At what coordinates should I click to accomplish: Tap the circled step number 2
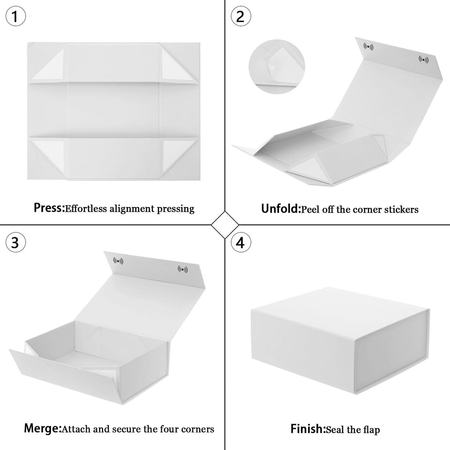coord(240,16)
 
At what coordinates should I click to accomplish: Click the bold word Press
coord(48,208)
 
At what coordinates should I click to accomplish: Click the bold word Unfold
coord(280,208)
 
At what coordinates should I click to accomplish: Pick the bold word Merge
coord(42,428)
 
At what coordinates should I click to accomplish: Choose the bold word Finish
coord(307,428)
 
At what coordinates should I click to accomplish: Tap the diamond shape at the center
coord(225,225)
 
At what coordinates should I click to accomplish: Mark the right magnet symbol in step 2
coord(424,59)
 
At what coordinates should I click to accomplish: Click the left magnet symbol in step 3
coord(118,261)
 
